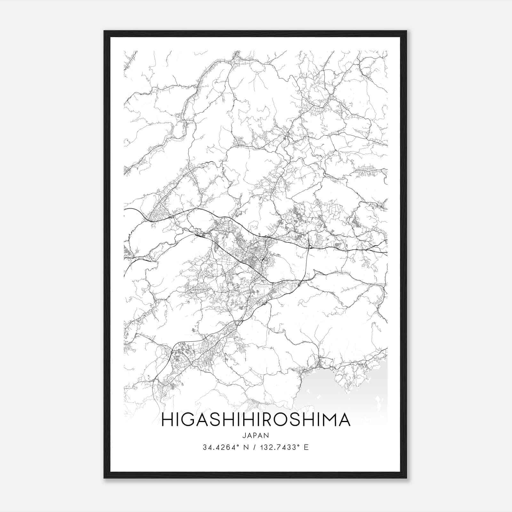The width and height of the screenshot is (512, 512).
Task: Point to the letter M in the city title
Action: click(x=330, y=420)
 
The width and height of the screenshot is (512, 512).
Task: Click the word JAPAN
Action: click(x=256, y=435)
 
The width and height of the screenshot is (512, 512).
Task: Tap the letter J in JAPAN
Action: click(x=244, y=435)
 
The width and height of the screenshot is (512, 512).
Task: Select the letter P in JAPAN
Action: click(x=256, y=435)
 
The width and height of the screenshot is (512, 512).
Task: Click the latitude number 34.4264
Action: click(x=217, y=447)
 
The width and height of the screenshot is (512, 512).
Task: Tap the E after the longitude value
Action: click(x=306, y=447)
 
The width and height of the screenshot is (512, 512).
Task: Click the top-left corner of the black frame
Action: click(x=105, y=31)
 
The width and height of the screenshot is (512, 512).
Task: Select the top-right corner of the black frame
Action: click(x=406, y=31)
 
